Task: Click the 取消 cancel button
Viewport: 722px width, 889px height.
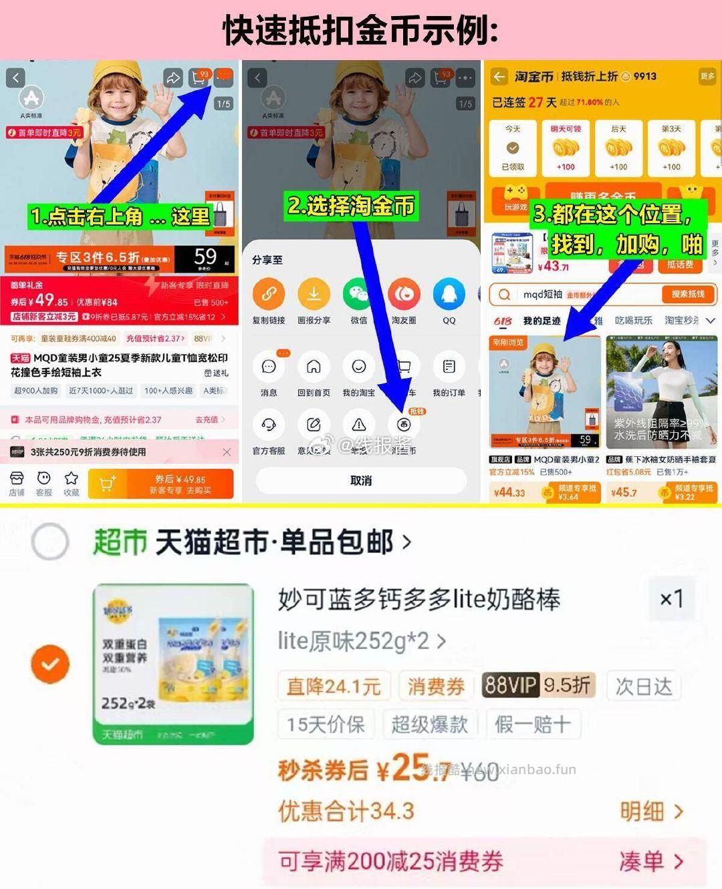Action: pos(361,481)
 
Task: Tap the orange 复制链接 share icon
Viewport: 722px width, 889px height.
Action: pos(269,293)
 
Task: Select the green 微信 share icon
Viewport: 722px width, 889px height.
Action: pos(359,293)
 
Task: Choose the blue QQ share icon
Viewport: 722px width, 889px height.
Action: pos(449,293)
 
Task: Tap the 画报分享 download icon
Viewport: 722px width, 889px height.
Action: pos(314,293)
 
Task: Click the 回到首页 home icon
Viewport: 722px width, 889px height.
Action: pos(314,367)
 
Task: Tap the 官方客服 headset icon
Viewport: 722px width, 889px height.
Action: pos(269,425)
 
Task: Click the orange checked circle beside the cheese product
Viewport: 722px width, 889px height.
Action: pos(50,664)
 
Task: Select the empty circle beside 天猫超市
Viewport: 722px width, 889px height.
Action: pos(50,541)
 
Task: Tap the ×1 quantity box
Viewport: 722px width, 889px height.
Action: pos(671,598)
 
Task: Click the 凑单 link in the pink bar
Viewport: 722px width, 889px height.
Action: pos(650,862)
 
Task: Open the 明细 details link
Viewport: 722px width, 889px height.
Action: pos(650,812)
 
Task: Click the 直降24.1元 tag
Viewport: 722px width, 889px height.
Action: pos(334,686)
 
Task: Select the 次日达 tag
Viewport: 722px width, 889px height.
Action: pos(643,686)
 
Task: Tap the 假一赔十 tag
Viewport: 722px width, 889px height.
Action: pos(533,724)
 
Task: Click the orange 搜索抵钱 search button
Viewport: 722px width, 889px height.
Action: pos(687,294)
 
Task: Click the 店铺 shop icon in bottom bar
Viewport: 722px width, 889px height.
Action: pos(17,484)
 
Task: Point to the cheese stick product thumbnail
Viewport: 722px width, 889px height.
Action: pos(174,664)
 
